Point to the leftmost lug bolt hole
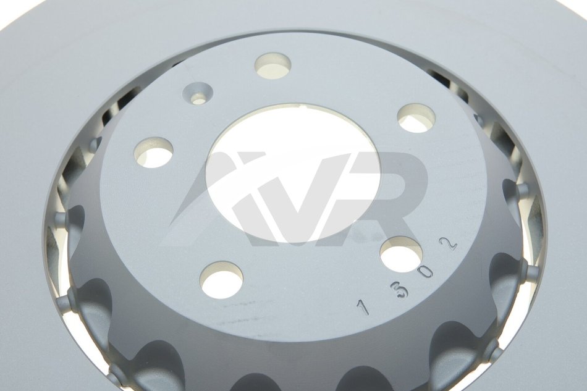coord(154,151)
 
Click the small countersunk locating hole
coord(197,93)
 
